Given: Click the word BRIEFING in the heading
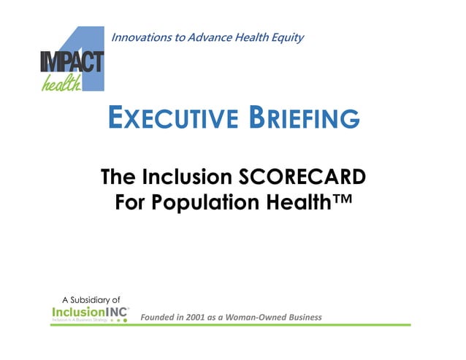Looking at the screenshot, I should pos(306,118).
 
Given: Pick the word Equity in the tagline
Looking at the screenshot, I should pos(287,37).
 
